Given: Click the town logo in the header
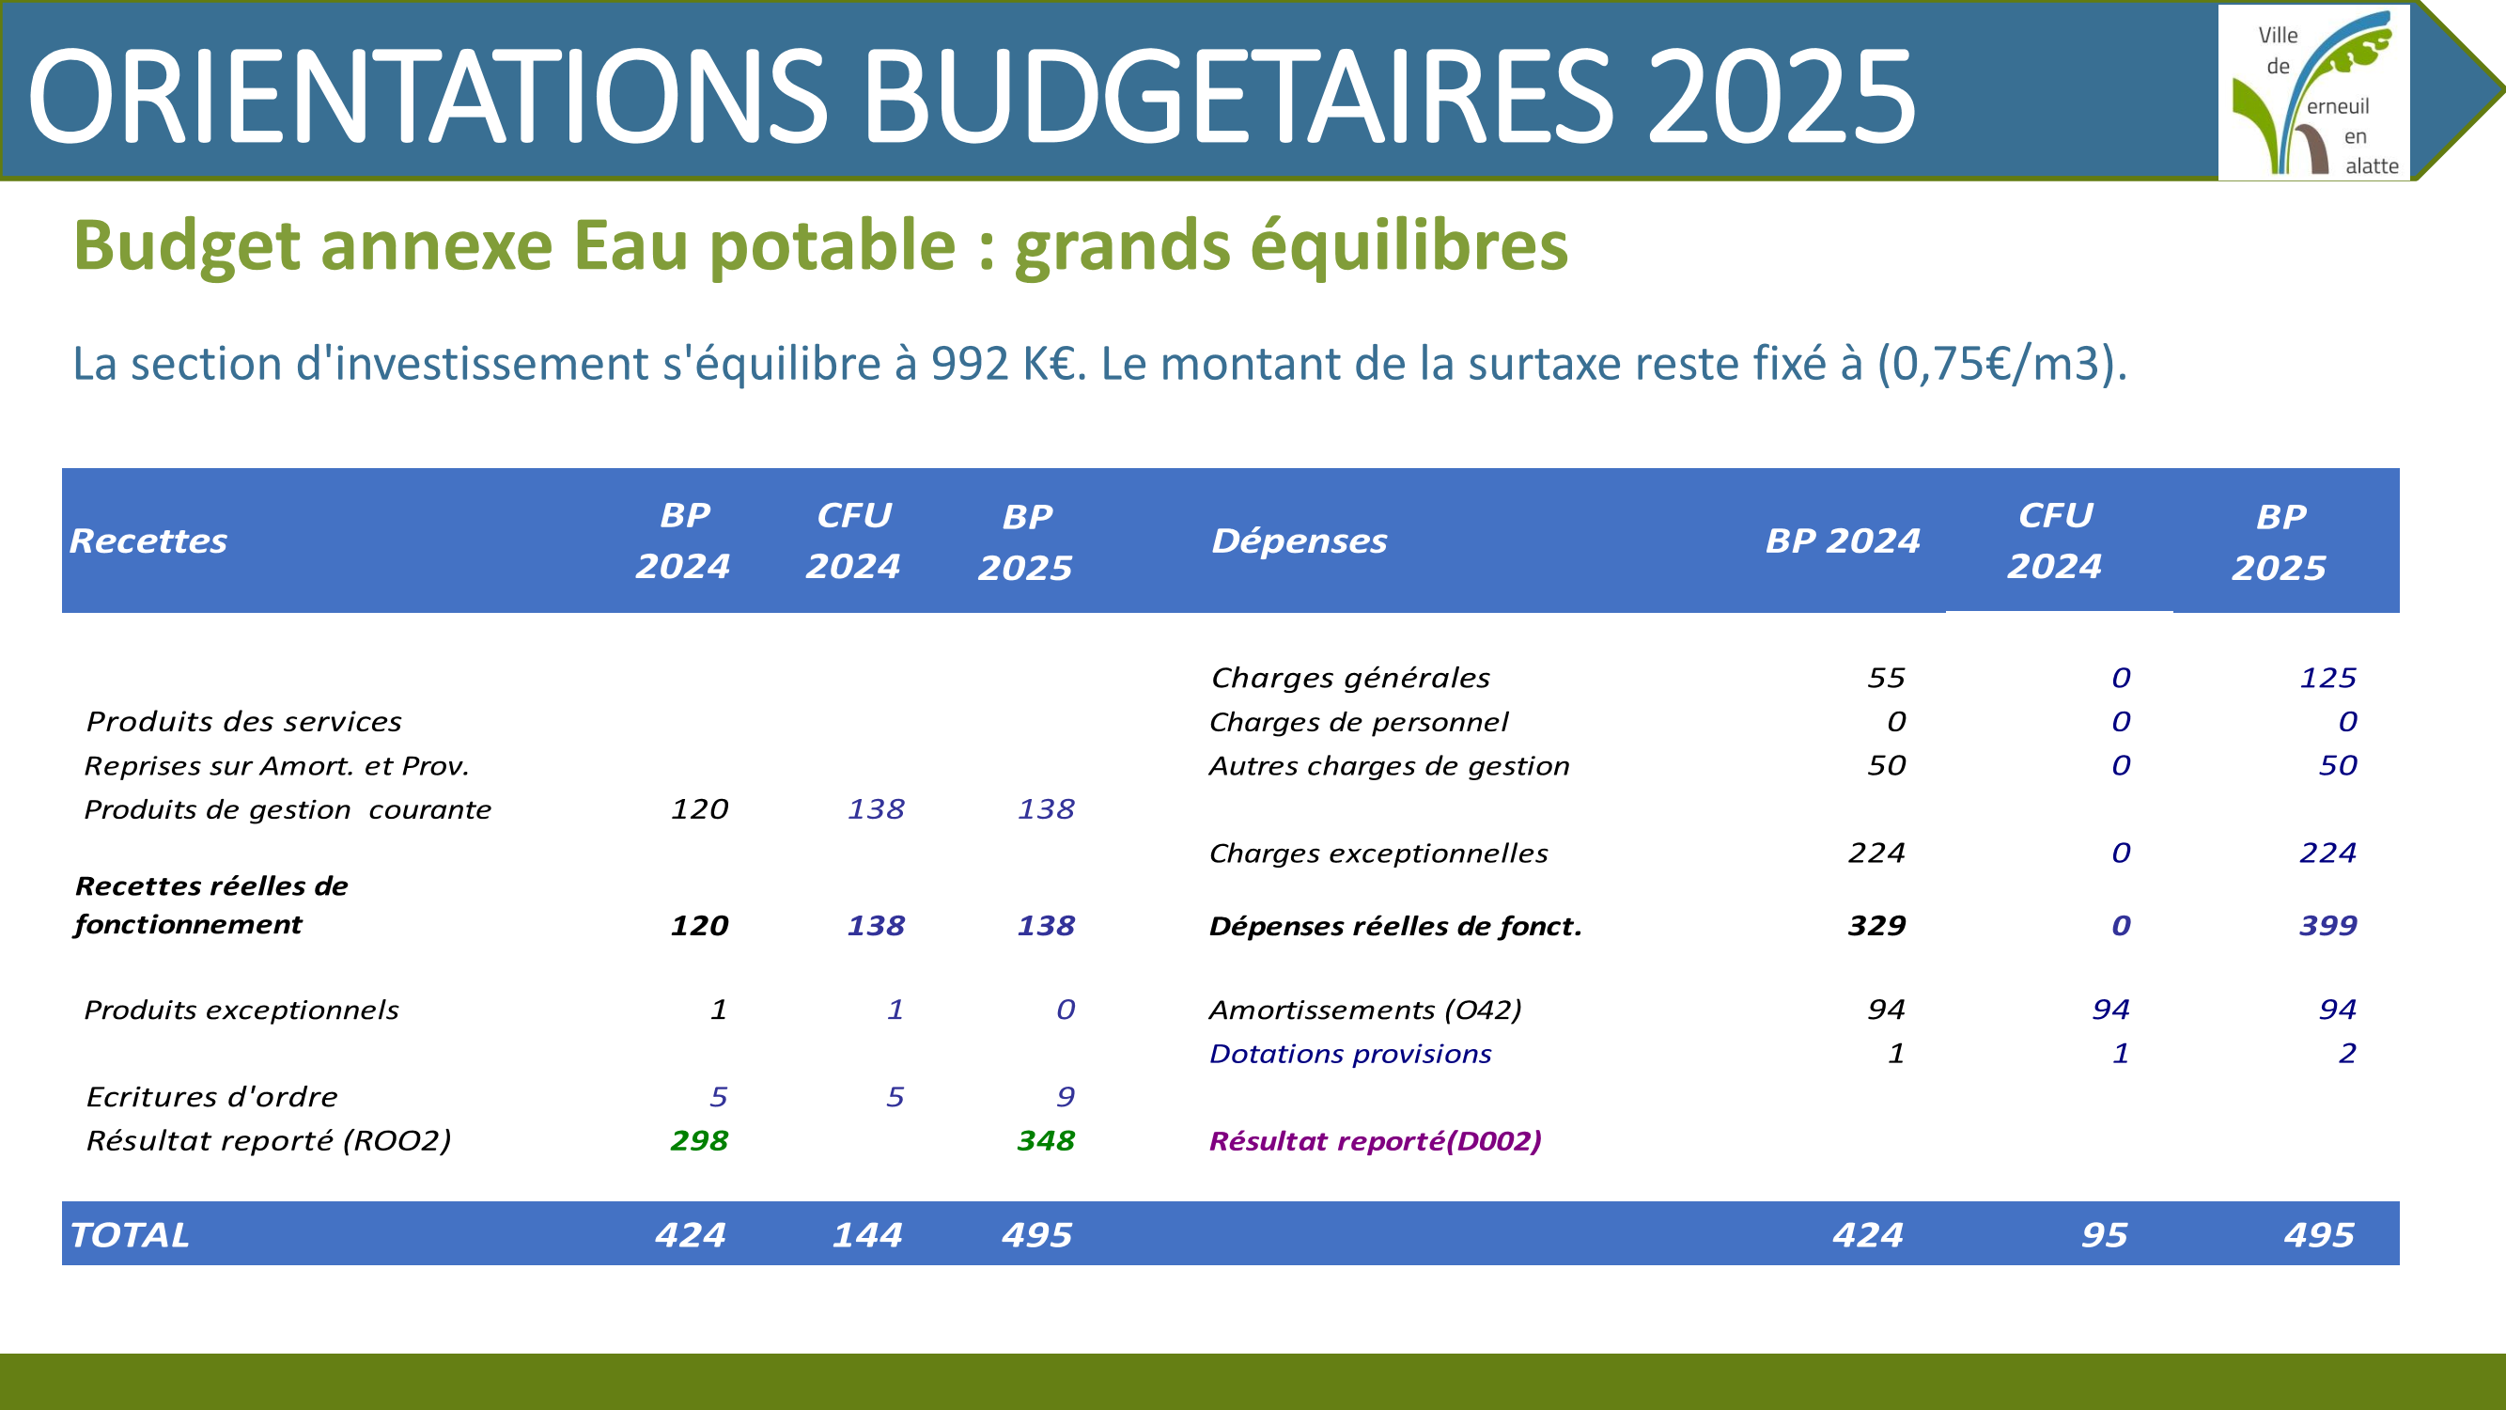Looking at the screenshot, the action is click(2313, 92).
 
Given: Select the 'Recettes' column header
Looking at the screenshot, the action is click(148, 540).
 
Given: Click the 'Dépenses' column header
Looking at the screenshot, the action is click(1299, 540).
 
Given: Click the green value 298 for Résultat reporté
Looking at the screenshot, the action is click(698, 1139).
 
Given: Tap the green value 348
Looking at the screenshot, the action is click(1046, 1139).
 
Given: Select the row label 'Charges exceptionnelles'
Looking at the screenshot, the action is click(1378, 854).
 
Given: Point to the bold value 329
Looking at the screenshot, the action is click(1876, 924).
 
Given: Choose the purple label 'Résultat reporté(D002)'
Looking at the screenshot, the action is click(1375, 1140).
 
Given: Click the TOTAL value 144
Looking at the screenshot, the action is click(866, 1235).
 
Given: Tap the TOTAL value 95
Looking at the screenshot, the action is click(2104, 1235).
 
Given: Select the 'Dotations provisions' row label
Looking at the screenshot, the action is click(1349, 1054).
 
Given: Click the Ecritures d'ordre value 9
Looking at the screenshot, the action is click(1066, 1097).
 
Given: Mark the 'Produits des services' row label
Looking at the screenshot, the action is click(243, 721).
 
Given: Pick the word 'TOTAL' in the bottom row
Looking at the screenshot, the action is click(130, 1235).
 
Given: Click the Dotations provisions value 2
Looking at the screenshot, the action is click(2346, 1053).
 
